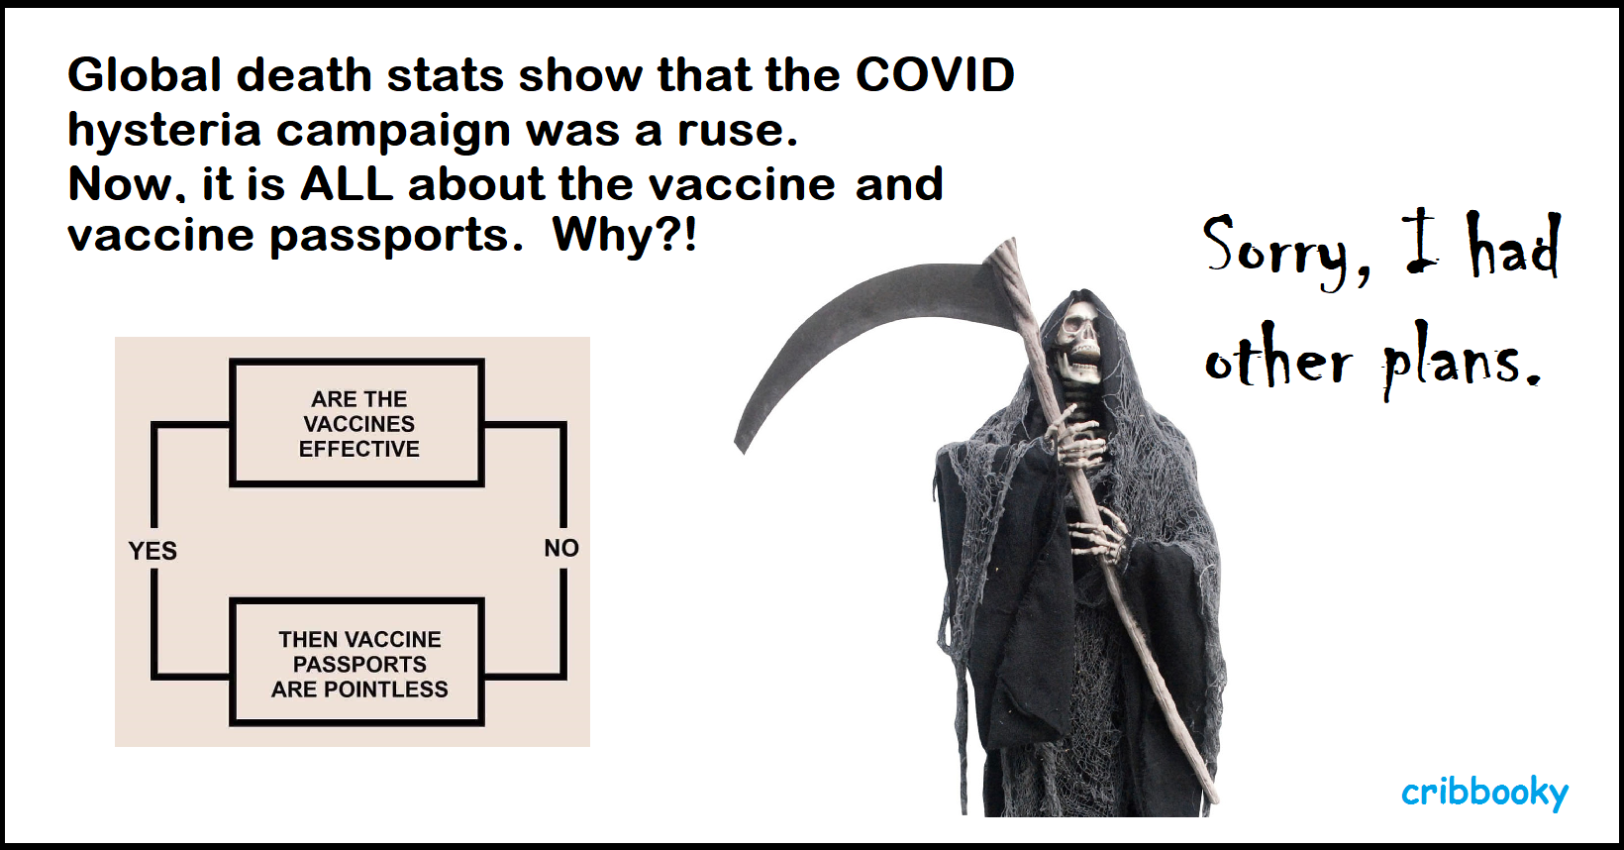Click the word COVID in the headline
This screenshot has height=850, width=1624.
tap(935, 74)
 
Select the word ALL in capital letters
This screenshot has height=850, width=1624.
tap(347, 183)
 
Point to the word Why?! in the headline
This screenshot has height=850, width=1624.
tap(624, 235)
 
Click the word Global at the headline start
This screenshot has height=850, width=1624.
tap(145, 74)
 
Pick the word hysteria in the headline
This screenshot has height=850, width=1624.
tap(163, 132)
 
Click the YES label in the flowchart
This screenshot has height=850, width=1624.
tap(152, 551)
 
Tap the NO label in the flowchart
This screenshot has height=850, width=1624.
tap(561, 548)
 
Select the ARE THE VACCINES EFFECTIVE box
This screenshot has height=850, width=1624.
tap(356, 423)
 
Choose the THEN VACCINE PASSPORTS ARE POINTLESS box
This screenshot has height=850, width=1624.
tap(356, 662)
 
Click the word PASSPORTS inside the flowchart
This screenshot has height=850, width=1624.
tap(359, 665)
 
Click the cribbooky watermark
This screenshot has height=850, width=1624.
tap(1484, 793)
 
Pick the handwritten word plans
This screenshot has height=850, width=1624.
tap(1461, 367)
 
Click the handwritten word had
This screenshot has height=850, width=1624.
tap(1515, 248)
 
